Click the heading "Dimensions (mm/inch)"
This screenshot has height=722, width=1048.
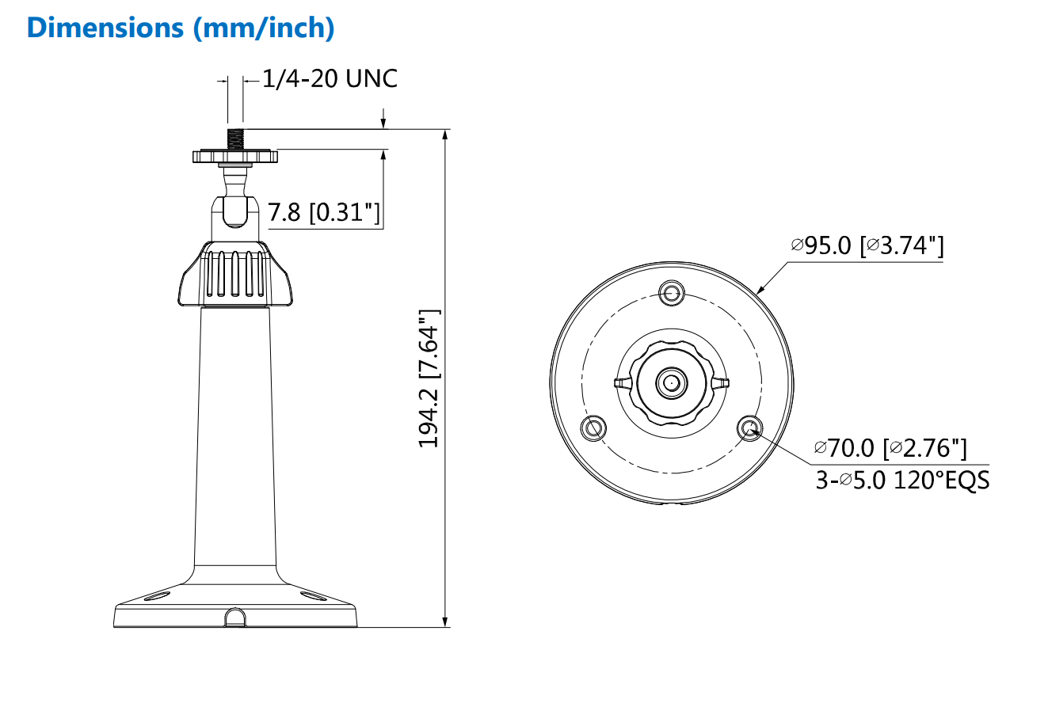point(181,28)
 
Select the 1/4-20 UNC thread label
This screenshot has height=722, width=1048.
point(330,78)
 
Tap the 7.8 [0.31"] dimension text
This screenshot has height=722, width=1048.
point(323,212)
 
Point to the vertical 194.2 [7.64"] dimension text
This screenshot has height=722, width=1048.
point(429,378)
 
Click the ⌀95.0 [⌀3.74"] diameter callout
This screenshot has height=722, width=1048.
point(867,245)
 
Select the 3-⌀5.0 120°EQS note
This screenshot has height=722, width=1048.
point(902,480)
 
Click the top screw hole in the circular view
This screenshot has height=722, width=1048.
point(672,292)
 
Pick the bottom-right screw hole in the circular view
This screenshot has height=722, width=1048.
point(749,428)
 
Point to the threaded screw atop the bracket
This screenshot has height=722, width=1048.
point(235,138)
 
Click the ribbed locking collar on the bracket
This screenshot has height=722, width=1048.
point(234,275)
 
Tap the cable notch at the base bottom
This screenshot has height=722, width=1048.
point(234,618)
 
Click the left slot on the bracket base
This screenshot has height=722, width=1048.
point(157,594)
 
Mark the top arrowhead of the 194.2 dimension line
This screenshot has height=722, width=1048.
point(446,135)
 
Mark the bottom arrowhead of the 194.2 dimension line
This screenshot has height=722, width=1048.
point(446,621)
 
